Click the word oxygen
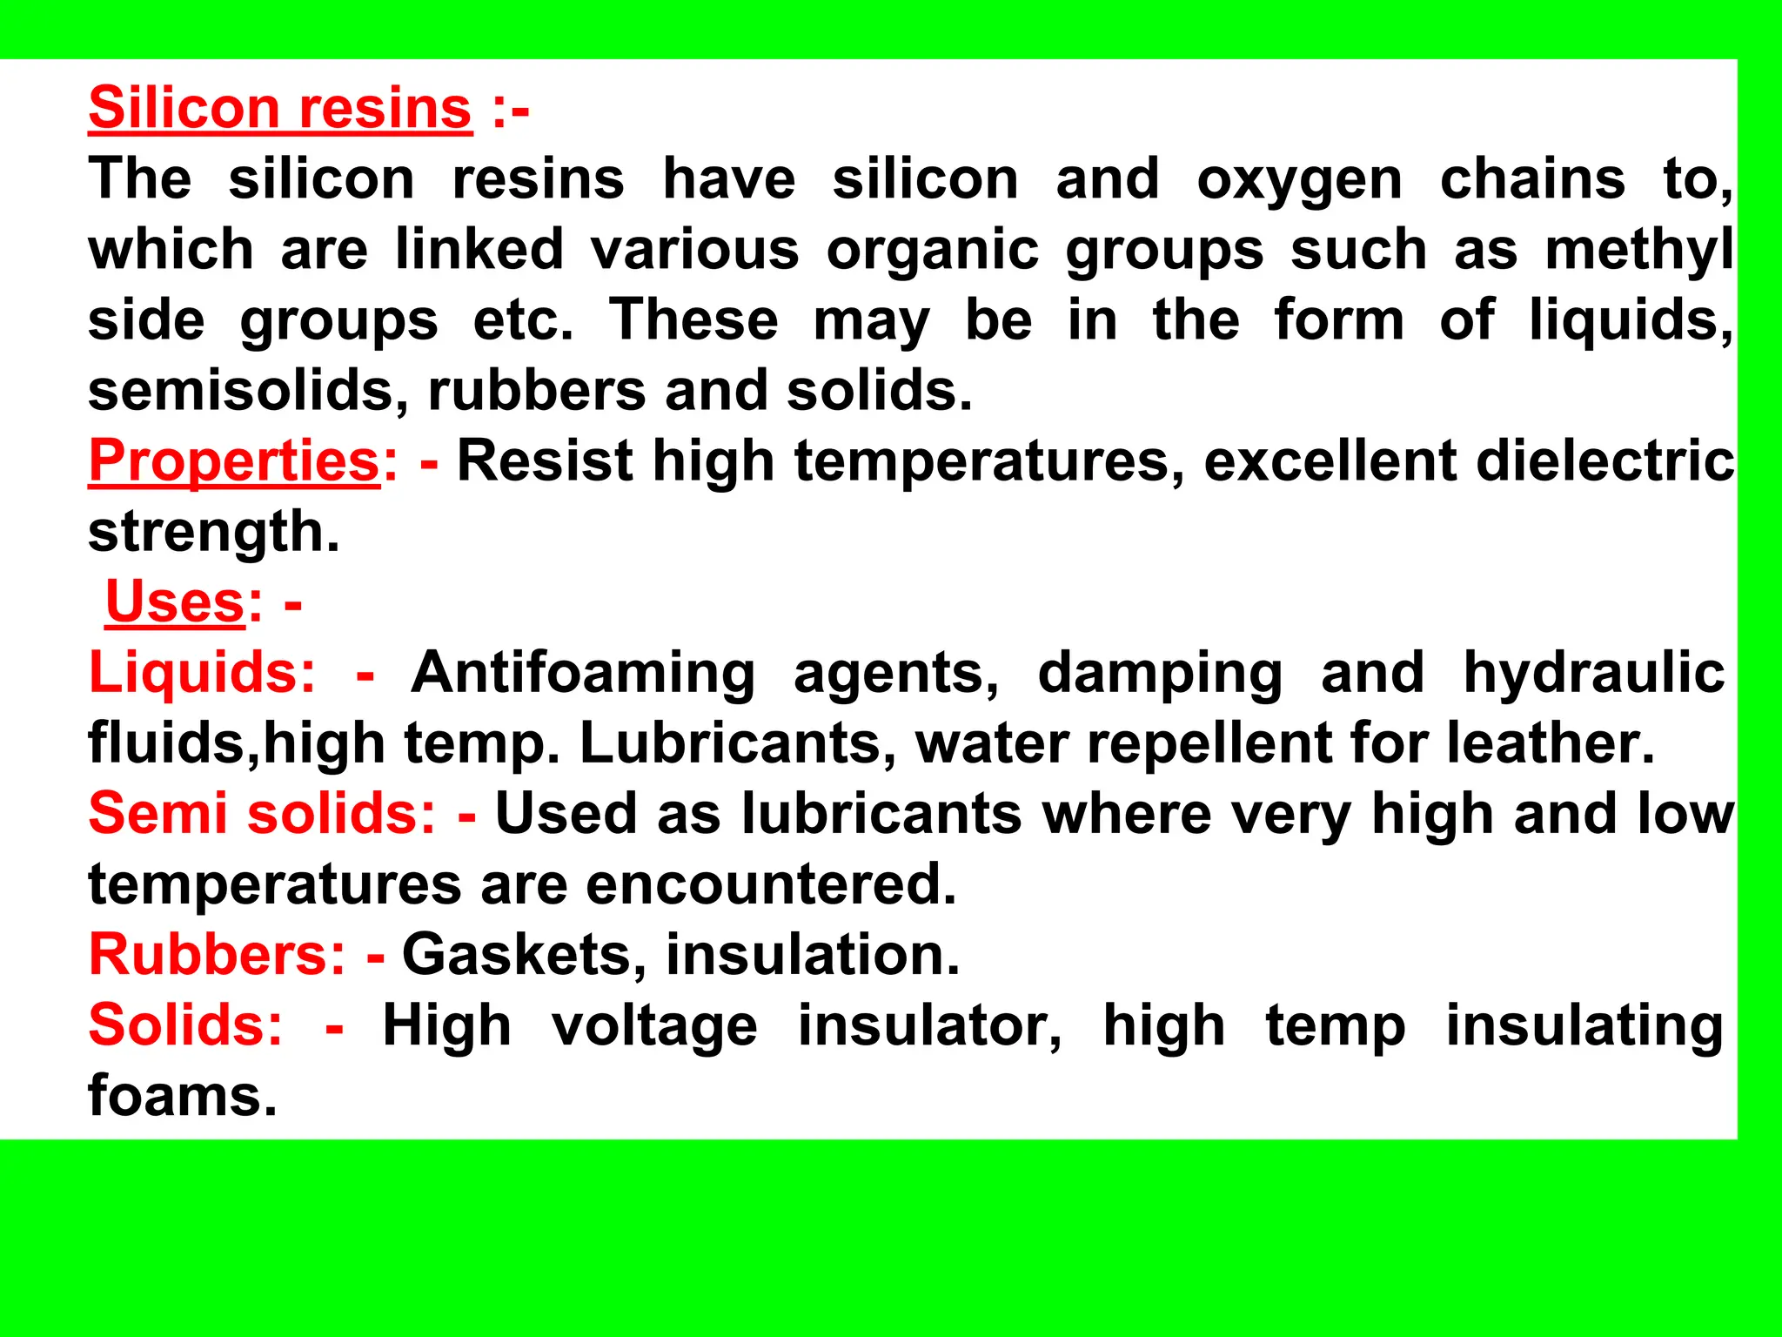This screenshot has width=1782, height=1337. coord(1299,181)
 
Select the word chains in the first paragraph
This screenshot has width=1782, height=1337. coord(1532,179)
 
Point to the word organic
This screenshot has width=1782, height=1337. coord(933,251)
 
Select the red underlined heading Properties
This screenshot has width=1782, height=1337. coord(234,461)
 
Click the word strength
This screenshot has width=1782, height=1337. coord(213,532)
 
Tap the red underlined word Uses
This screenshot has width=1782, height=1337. coord(175,602)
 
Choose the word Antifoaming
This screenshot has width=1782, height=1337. coord(583,673)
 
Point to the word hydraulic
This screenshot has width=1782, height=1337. coord(1594,673)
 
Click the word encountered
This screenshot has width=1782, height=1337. coord(771,884)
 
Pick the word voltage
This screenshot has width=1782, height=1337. coord(654,1026)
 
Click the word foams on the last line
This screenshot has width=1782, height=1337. coord(182,1096)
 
